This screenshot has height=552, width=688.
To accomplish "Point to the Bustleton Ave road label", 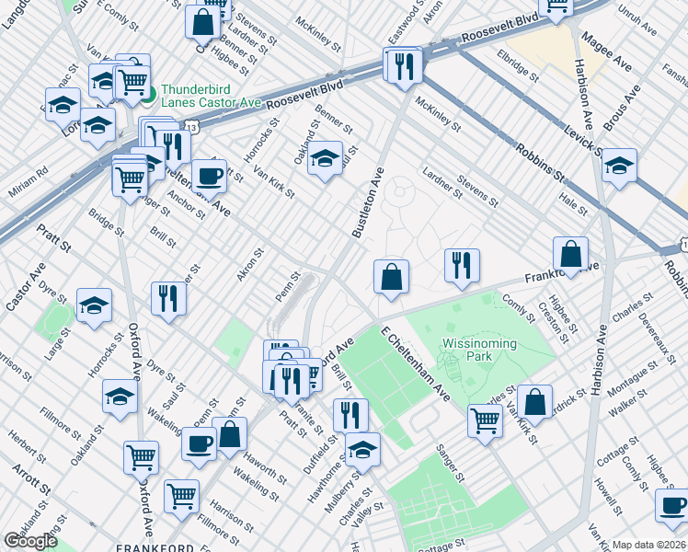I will pyautogui.click(x=366, y=202).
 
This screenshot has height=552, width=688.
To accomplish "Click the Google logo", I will pyautogui.click(x=30, y=541).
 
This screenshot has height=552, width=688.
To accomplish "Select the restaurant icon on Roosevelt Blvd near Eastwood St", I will pyautogui.click(x=404, y=66).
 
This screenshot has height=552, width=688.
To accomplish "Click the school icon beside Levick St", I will pyautogui.click(x=619, y=166).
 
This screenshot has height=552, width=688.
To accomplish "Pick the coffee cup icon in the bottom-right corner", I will pyautogui.click(x=672, y=506).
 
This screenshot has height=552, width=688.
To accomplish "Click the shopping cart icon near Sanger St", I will pyautogui.click(x=485, y=420).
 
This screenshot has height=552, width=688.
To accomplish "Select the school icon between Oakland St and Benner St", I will pyautogui.click(x=324, y=159).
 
